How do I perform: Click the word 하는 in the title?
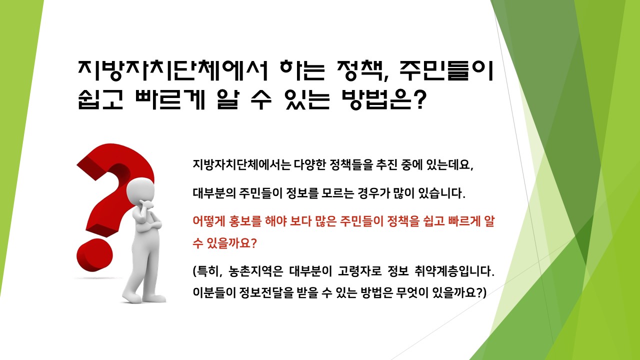click(x=302, y=70)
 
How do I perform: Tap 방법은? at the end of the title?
click(x=384, y=99)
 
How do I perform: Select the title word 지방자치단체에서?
click(x=173, y=70)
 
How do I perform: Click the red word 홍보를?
click(x=245, y=221)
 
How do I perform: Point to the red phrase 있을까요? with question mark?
click(x=231, y=243)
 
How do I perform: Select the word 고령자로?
click(x=359, y=271)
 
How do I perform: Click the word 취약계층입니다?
click(x=454, y=271)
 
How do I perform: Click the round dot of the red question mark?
click(x=94, y=255)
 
